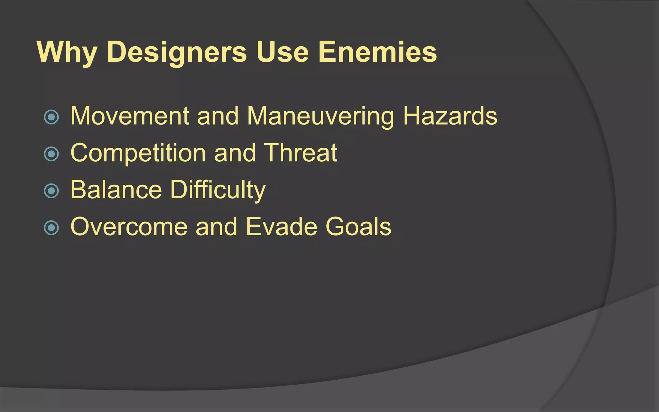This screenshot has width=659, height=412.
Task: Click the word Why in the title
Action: (67, 52)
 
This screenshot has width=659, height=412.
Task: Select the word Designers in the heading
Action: (176, 52)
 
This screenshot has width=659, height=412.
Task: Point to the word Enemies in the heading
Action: (377, 52)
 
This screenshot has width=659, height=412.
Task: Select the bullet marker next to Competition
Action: (51, 154)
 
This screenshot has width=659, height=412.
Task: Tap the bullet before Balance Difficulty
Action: (51, 191)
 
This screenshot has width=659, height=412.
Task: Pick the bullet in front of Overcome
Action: (51, 228)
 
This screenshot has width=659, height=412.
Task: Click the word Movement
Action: (130, 116)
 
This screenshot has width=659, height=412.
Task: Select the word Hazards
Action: (450, 116)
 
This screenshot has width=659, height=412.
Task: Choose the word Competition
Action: (138, 153)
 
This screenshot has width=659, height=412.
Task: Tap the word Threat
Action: (301, 153)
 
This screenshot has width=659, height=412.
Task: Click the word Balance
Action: (116, 190)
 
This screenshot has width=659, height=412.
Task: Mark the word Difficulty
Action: (218, 190)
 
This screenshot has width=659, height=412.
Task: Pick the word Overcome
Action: (129, 227)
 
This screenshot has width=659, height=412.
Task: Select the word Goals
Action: (358, 227)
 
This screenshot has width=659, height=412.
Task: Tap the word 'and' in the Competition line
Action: (235, 153)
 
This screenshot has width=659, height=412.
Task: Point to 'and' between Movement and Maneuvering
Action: (218, 116)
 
